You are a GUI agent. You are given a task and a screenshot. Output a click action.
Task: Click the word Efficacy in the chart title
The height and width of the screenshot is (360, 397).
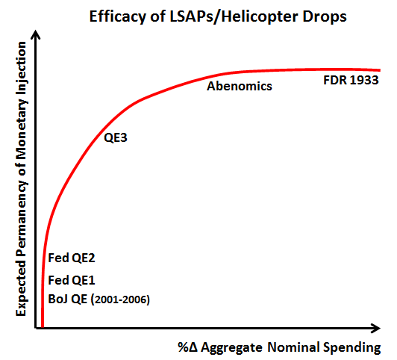(118, 17)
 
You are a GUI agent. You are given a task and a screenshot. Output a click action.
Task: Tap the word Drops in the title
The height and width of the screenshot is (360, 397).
(325, 16)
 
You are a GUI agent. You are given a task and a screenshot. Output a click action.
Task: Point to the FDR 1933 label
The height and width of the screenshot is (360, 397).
(351, 80)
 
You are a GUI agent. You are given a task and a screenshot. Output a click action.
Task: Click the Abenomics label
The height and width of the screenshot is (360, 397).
(240, 86)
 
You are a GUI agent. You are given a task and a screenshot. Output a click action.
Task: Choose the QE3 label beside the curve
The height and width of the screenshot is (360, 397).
(116, 138)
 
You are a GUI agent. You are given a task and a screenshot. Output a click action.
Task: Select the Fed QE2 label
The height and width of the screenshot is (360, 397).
(72, 258)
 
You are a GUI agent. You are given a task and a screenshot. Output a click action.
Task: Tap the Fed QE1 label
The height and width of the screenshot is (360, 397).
(72, 280)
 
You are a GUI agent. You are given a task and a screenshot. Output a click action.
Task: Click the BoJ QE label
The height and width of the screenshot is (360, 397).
(68, 300)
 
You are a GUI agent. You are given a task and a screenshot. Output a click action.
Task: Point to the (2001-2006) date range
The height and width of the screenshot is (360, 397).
(120, 300)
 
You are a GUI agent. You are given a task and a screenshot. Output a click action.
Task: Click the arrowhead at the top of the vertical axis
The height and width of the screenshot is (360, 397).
(36, 34)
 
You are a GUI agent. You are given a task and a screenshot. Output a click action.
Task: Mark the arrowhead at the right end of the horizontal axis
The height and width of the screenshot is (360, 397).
(376, 329)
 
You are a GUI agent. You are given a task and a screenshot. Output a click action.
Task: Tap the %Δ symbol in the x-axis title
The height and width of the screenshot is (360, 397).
(187, 347)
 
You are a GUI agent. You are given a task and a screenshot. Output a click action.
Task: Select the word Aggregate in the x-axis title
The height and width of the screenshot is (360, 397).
(231, 348)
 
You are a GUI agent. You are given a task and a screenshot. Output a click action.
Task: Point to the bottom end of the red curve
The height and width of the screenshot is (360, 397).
(43, 327)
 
